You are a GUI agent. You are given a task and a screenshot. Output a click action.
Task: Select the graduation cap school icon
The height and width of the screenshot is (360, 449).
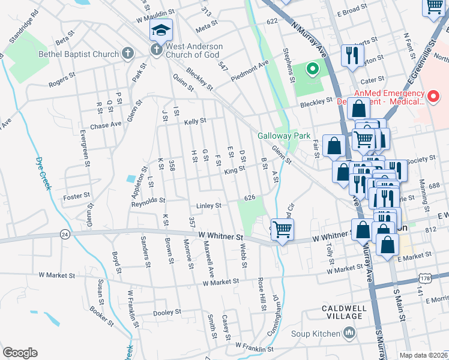(x=161, y=30)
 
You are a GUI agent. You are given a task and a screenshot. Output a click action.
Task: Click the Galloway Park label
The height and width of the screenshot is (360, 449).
(x=285, y=135)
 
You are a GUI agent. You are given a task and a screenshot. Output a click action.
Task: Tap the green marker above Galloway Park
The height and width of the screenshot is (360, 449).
(x=312, y=70)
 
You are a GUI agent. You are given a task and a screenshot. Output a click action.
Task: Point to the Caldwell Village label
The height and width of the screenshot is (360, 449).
(x=343, y=311)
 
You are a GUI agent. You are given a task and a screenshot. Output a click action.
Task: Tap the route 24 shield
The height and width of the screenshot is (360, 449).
(x=65, y=233)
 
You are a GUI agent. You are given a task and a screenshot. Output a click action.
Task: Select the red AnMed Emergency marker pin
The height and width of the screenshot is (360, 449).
(x=433, y=95)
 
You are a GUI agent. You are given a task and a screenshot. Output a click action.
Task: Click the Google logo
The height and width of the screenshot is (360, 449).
(x=20, y=353)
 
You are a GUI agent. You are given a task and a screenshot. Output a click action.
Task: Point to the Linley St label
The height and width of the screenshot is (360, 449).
(x=209, y=206)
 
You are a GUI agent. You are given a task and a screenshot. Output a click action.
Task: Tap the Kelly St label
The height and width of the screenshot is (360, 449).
(x=195, y=121)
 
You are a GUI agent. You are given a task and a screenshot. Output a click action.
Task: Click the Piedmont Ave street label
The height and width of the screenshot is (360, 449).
(x=254, y=71)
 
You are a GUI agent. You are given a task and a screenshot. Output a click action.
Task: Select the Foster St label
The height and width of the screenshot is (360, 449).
(x=77, y=196)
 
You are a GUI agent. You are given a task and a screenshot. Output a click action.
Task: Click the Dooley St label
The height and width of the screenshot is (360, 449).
(x=167, y=313)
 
